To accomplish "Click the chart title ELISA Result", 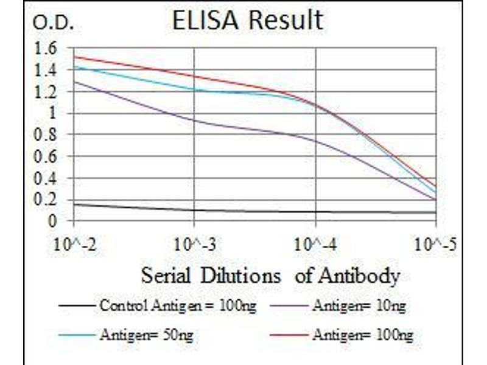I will (247, 21).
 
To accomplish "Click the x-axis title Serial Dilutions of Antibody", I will (270, 276).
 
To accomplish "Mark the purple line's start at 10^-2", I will (74, 82).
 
